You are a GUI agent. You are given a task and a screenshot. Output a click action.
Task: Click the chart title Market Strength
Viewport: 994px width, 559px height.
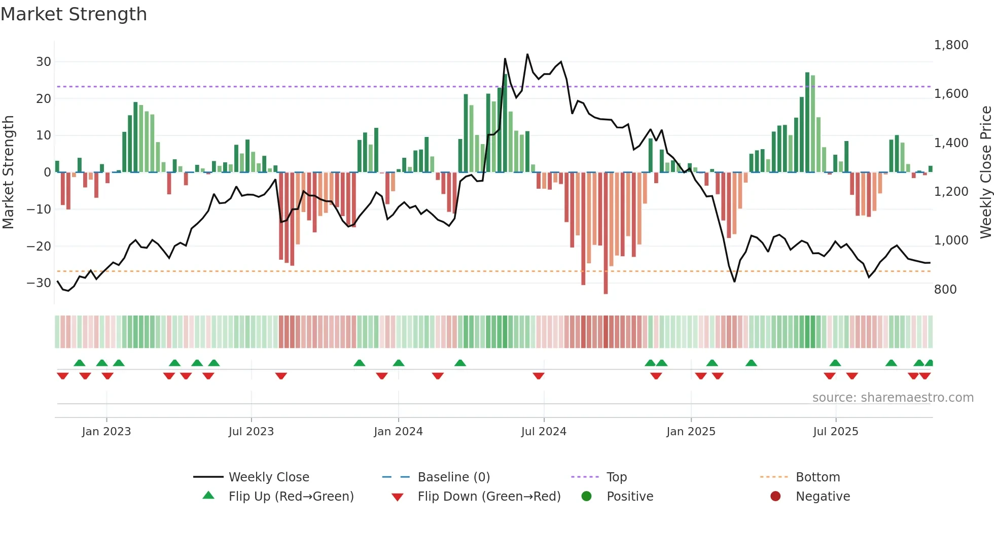click(x=74, y=14)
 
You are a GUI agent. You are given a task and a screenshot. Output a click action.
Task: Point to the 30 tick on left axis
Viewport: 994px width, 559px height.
click(x=44, y=62)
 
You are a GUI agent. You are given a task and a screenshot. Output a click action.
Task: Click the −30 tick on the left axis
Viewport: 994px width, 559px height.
click(x=39, y=283)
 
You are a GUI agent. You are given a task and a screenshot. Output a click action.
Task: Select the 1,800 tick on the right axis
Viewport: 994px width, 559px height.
click(x=951, y=45)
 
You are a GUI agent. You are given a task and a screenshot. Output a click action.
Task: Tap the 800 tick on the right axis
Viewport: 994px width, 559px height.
click(x=945, y=290)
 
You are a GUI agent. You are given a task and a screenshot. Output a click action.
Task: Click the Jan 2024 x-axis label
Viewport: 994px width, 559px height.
click(x=398, y=432)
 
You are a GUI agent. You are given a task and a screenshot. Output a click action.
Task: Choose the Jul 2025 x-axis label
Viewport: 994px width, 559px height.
click(x=835, y=432)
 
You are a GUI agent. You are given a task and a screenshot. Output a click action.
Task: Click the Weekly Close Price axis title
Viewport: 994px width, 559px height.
click(x=985, y=172)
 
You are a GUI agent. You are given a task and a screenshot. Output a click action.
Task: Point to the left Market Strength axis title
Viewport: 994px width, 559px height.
click(x=8, y=172)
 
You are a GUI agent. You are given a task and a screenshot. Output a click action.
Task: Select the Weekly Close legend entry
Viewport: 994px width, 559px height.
click(x=268, y=477)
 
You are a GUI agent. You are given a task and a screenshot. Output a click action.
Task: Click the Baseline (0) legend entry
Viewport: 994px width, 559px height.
click(x=453, y=477)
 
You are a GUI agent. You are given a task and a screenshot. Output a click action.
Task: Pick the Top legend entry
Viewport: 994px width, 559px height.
click(x=616, y=477)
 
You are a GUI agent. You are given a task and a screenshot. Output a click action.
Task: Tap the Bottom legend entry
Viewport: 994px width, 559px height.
click(x=818, y=477)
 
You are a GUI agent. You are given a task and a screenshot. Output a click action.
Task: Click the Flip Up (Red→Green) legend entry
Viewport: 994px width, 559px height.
click(x=291, y=497)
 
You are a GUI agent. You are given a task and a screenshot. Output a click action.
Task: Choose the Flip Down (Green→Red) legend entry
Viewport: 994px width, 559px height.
click(x=489, y=497)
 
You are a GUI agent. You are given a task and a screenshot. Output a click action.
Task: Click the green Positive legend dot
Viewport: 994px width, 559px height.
click(x=587, y=497)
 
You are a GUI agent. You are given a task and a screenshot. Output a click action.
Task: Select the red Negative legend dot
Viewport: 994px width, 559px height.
click(x=775, y=497)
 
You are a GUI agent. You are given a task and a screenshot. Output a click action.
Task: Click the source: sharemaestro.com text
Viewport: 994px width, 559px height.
click(x=893, y=398)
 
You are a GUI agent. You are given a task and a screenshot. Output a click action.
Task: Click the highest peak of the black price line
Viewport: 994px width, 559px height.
click(x=527, y=54)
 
